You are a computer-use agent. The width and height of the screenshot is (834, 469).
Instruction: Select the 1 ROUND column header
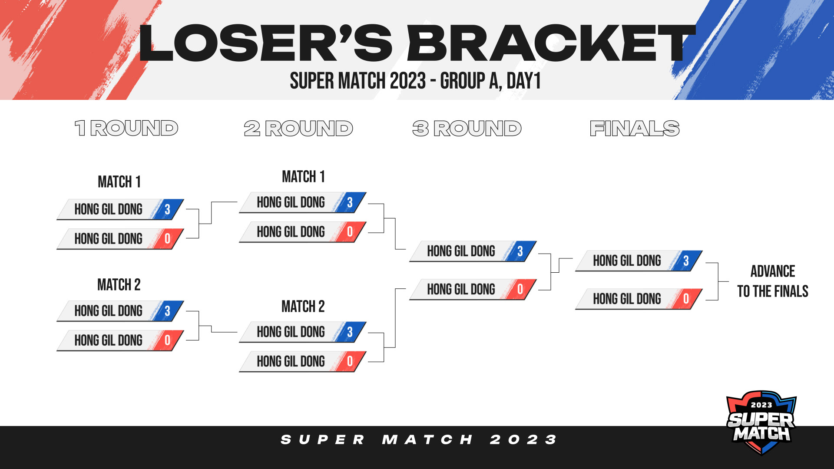click(126, 128)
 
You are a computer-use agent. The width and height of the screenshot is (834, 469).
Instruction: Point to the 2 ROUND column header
click(298, 128)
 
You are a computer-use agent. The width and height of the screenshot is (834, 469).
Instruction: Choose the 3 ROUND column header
click(467, 128)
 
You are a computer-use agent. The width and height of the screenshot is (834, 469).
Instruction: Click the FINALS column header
click(635, 128)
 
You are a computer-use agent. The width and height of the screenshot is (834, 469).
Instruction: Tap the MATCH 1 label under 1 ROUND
click(119, 182)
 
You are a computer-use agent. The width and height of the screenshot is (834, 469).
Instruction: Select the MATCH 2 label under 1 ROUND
click(119, 285)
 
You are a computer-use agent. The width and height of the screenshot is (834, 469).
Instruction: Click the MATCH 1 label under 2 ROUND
click(303, 177)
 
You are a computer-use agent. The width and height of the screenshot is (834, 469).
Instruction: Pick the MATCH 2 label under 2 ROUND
click(303, 307)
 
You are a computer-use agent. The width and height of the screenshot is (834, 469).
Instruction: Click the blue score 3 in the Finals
click(686, 261)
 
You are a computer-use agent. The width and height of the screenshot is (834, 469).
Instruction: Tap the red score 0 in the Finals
click(686, 299)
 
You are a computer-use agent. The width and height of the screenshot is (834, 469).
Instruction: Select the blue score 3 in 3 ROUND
click(520, 251)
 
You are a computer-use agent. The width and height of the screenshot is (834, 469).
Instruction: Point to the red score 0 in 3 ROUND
click(520, 289)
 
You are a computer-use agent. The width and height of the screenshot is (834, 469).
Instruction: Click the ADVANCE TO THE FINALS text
click(773, 281)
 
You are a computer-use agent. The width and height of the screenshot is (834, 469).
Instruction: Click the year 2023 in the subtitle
click(408, 81)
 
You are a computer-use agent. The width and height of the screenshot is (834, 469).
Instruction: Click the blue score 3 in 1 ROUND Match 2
click(167, 311)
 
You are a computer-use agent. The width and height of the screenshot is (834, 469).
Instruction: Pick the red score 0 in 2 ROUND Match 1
click(350, 232)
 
